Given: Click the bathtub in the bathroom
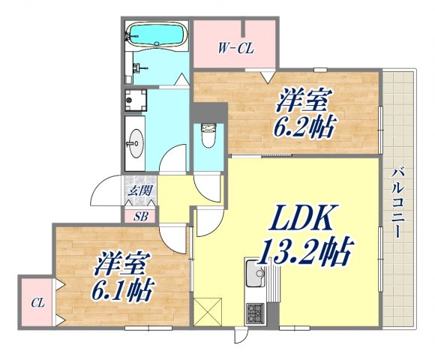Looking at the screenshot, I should coord(156,34).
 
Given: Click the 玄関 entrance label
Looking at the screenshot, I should coord(138,190).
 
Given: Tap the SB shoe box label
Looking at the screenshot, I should coord(140,217).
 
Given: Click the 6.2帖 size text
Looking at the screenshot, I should coord(303,124).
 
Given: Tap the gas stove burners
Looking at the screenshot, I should coord(256,310).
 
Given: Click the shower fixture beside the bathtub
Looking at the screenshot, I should coord(137,67).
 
